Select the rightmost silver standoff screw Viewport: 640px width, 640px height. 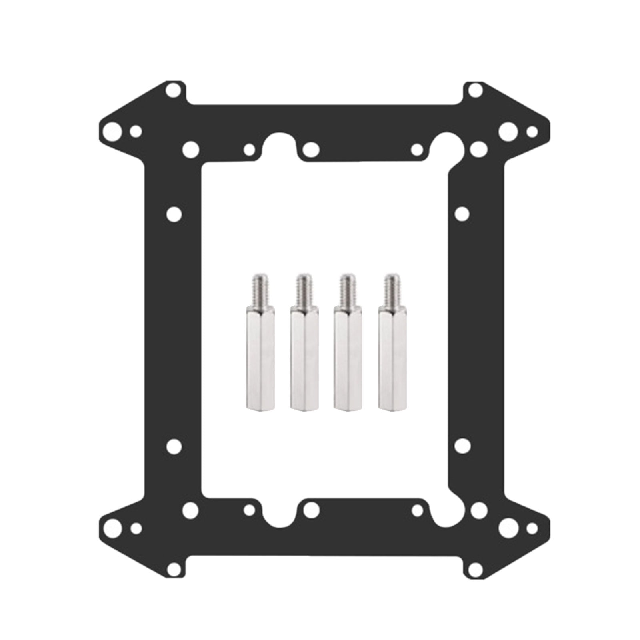392,352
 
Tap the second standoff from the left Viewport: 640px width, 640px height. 304,352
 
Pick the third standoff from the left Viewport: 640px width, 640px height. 348,352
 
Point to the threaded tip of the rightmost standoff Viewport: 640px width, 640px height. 392,288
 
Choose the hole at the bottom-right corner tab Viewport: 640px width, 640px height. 475,568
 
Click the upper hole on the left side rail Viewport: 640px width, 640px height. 174,214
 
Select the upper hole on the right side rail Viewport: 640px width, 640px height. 462,214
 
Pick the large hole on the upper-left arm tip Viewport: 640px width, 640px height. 112,131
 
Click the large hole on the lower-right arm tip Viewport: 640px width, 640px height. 508,527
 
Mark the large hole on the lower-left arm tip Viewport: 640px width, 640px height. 112,527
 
